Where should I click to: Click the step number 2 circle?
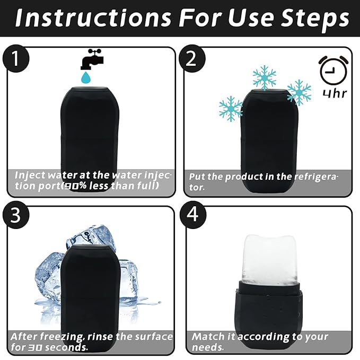tap(191, 59)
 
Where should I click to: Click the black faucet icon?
tap(91, 59)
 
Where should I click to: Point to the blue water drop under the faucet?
tap(85, 78)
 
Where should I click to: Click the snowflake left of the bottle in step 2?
tap(231, 108)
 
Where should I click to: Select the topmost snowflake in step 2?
tap(264, 77)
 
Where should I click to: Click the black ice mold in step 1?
tap(90, 127)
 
